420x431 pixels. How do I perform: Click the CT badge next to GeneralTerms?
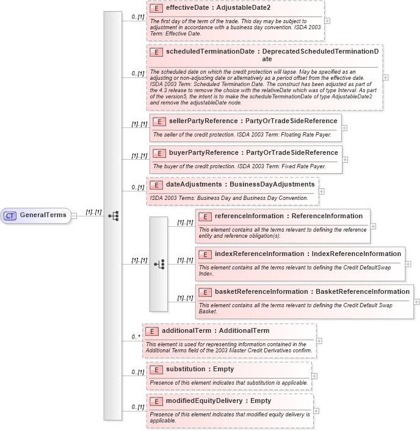tap(10, 215)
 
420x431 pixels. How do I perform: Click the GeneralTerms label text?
tap(43, 215)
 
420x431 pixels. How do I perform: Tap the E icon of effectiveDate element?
tap(156, 9)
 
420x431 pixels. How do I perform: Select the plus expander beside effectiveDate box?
tap(328, 20)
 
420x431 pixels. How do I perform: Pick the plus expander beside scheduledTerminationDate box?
tap(385, 77)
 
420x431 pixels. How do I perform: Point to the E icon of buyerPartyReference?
tap(159, 153)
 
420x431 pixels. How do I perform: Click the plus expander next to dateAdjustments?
tap(322, 191)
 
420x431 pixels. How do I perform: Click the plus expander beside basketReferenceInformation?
tap(417, 302)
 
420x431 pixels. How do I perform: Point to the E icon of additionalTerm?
tap(152, 331)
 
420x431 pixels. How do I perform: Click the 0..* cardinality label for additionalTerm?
tap(136, 337)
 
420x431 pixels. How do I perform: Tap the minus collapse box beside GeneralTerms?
tap(73, 215)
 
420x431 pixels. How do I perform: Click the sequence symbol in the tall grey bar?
tap(113, 215)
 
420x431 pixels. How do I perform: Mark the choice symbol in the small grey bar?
tap(159, 264)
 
